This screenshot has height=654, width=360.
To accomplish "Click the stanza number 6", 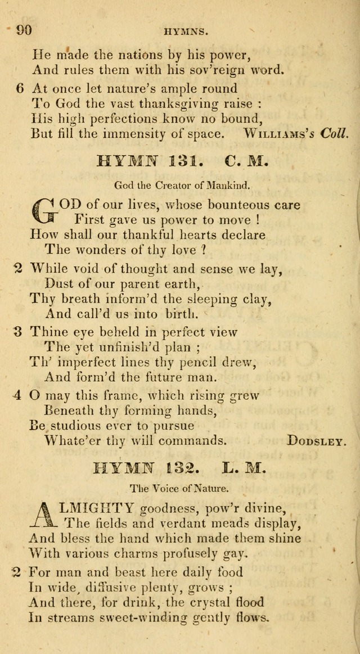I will pos(19,88).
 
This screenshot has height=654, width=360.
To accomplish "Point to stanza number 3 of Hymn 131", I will pos(18,332).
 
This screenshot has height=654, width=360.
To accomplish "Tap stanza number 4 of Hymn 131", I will pos(18,395).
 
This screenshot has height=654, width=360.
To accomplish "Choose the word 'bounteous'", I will pos(231,205).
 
